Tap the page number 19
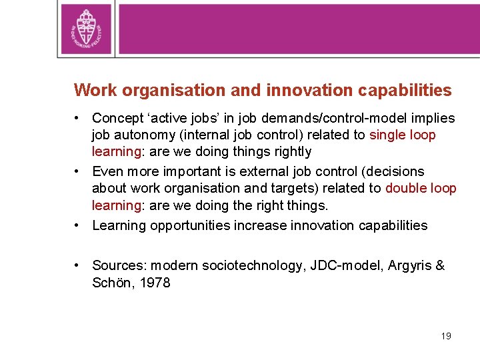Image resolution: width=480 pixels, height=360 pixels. [446, 336]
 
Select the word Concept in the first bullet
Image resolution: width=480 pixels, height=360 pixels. [117, 119]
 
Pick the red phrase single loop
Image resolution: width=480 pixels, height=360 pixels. [402, 135]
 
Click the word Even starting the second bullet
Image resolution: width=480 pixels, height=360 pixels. [107, 172]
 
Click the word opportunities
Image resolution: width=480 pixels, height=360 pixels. [191, 225]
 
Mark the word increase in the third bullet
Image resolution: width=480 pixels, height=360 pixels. [262, 225]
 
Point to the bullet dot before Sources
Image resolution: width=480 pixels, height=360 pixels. [79, 266]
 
